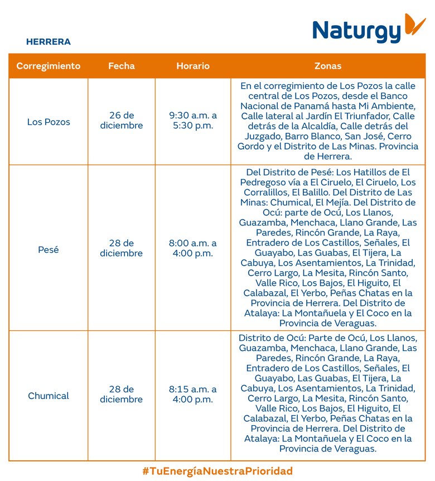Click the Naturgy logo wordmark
357,31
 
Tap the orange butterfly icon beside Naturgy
415,24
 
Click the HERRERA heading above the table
49,42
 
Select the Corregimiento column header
49,66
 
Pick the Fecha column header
122,66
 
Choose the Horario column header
193,66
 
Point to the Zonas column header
328,66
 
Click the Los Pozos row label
49,121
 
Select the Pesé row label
49,249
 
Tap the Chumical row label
49,396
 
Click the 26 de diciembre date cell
122,121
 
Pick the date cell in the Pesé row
122,248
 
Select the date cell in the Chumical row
122,395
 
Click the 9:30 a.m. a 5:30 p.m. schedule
193,121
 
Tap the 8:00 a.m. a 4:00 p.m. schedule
193,248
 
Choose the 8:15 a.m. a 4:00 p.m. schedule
193,395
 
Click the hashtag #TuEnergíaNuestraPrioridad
217,471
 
